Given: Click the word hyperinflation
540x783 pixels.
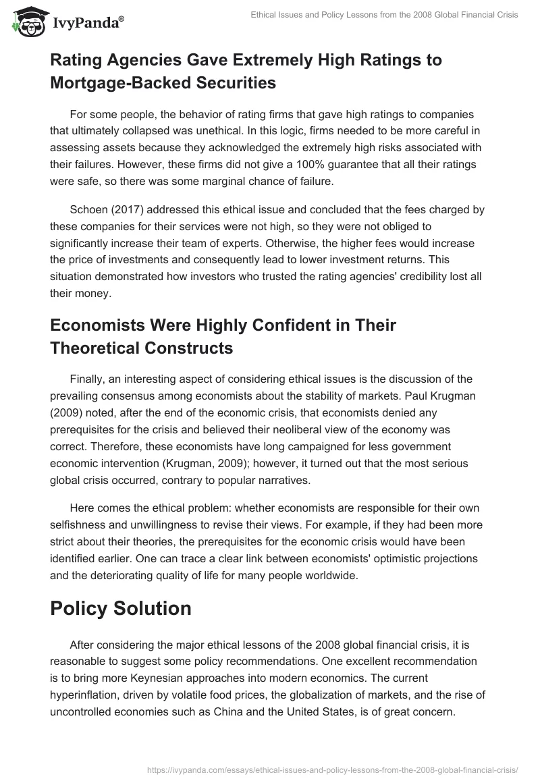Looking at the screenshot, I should [x=86, y=695].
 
